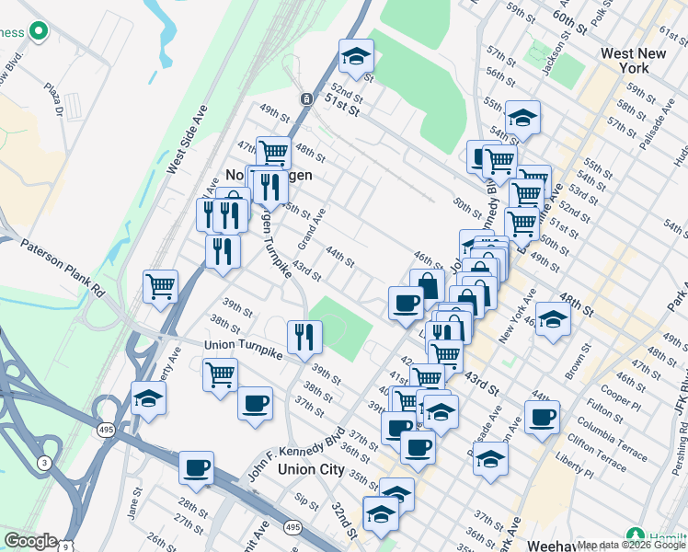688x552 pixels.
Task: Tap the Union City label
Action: click(311, 469)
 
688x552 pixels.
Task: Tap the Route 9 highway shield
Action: click(64, 546)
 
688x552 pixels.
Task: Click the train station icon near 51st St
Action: click(304, 98)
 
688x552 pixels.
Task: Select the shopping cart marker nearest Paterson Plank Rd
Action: click(161, 286)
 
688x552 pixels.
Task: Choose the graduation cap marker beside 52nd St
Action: click(356, 57)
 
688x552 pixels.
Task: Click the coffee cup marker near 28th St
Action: click(196, 468)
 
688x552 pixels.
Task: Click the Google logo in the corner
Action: click(30, 541)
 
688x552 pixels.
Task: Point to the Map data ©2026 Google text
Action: click(631, 545)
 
